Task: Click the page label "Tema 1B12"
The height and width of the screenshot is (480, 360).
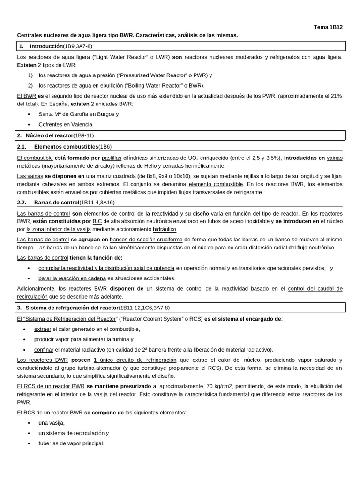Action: coord(328,27)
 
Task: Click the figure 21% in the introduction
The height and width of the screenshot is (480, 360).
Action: coord(337,96)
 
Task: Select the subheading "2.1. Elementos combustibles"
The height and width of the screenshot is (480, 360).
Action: coord(66,147)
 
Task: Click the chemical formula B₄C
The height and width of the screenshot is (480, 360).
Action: coord(97,221)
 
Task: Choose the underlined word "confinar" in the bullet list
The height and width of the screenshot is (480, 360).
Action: coord(44,350)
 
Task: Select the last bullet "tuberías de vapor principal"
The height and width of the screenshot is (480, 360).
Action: coord(71,443)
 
